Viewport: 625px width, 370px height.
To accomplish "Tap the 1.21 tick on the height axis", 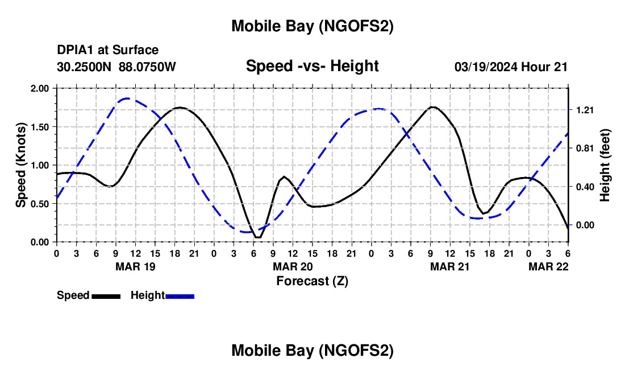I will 584,110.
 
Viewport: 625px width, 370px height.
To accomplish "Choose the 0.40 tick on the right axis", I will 584,187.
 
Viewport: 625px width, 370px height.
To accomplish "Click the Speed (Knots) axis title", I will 21,165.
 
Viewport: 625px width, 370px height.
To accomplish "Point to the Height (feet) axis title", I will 605,165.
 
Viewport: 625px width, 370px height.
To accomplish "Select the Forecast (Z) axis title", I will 311,281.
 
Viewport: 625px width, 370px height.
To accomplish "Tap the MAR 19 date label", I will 135,266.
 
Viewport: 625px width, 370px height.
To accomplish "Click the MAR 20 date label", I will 292,266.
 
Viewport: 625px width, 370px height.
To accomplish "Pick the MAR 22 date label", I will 548,266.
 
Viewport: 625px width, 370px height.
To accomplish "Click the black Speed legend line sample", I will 105,295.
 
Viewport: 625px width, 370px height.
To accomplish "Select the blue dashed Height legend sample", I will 180,295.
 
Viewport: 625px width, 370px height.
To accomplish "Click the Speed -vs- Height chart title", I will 312,66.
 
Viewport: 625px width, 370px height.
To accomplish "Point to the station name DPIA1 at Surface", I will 107,51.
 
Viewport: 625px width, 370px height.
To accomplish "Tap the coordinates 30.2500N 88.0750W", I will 116,67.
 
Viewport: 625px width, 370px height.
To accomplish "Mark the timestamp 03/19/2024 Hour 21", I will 511,67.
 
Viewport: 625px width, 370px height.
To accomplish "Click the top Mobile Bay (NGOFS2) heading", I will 312,26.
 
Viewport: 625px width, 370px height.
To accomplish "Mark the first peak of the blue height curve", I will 127,98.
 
